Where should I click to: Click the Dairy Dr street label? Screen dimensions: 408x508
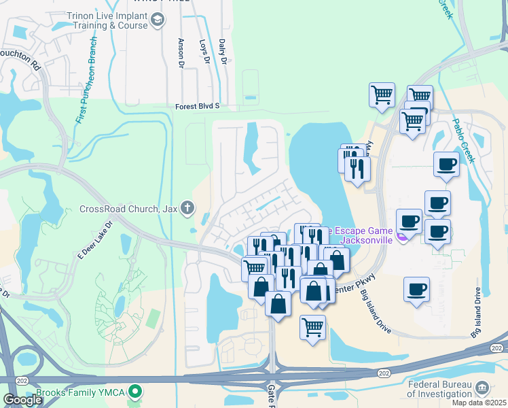point(222,51)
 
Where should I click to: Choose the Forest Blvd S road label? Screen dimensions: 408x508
point(198,106)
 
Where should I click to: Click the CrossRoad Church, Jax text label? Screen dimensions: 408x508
point(128,209)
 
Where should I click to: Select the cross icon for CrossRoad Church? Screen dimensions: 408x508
point(187,209)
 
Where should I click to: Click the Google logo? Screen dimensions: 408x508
point(22,399)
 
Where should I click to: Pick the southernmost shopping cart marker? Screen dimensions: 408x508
point(312,327)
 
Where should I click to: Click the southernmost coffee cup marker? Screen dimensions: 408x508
point(416,290)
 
